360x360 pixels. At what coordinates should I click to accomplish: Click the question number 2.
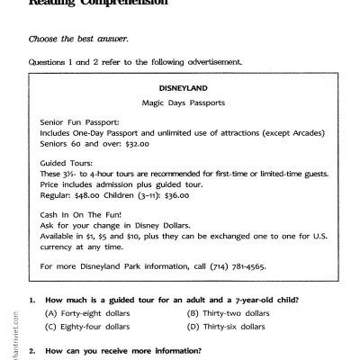(32, 351)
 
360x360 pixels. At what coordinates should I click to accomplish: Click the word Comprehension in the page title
(122, 4)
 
